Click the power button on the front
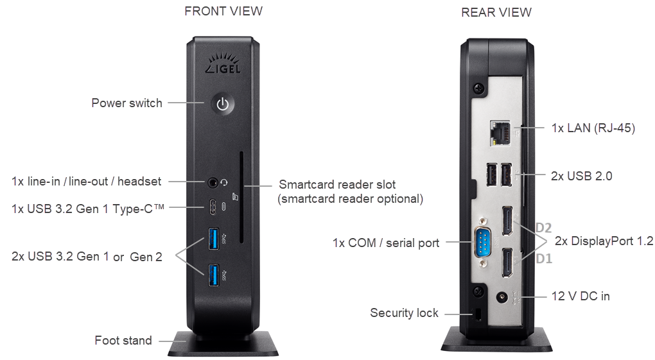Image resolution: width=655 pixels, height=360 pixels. (x=222, y=104)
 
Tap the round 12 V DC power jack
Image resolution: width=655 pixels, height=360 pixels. (x=503, y=298)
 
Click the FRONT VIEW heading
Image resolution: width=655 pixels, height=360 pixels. (x=223, y=11)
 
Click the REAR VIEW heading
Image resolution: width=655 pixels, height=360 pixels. (x=496, y=12)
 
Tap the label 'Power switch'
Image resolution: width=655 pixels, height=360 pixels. (x=127, y=103)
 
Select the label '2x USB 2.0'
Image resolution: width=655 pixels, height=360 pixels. (x=581, y=175)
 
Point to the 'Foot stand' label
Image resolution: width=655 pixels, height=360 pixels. (x=123, y=340)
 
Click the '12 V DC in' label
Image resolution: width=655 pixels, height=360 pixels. (x=581, y=296)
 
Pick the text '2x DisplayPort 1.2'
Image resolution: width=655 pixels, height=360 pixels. (x=603, y=241)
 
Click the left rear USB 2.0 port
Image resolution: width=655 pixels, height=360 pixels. (x=491, y=175)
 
